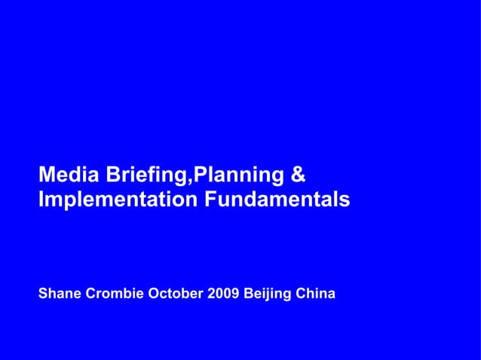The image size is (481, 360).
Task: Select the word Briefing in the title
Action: point(144,176)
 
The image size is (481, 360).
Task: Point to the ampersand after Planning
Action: point(297,175)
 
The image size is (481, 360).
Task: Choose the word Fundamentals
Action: point(275,200)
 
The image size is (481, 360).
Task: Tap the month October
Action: point(176,292)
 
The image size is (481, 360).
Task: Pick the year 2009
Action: point(222,292)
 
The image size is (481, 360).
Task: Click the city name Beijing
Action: point(267,293)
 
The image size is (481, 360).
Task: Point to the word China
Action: point(316,292)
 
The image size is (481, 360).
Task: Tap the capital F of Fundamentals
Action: point(207,200)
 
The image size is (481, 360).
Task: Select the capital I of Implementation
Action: point(41,200)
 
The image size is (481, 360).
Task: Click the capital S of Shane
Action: point(43,292)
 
